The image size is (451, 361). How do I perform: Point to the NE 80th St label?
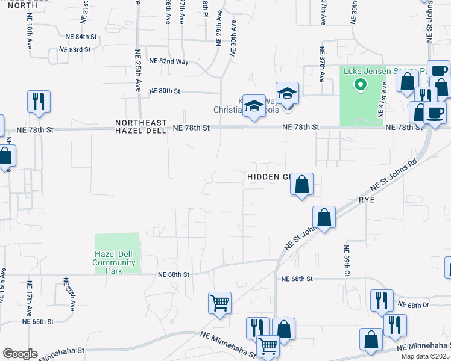(165, 91)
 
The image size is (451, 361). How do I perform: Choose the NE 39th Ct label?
(347, 261)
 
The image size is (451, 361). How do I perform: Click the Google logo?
(19, 354)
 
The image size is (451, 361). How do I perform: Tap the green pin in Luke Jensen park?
(360, 85)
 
